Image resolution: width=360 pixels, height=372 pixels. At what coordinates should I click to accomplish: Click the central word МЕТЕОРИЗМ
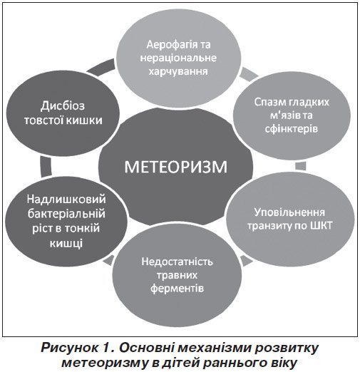[x=175, y=167]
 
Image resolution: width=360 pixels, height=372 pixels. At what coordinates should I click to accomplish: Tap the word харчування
[x=178, y=71]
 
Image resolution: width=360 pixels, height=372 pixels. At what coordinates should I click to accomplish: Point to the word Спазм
[x=269, y=103]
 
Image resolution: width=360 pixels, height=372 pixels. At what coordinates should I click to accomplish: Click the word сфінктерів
[x=291, y=129]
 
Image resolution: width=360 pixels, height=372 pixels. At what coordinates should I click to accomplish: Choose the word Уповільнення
[x=289, y=212]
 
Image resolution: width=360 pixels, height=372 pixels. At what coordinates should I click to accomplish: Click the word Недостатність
[x=177, y=262]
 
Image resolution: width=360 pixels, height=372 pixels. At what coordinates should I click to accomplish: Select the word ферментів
[x=177, y=289]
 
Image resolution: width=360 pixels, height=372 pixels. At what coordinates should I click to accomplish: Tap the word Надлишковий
[x=66, y=199]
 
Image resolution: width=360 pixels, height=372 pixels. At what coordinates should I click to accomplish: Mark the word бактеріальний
[x=66, y=214]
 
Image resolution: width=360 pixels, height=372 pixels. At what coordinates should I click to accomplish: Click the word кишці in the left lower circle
[x=66, y=243]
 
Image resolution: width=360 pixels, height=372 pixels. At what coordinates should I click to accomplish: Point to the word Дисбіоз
[x=63, y=106]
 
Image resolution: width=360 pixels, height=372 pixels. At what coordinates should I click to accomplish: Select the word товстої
[x=43, y=120]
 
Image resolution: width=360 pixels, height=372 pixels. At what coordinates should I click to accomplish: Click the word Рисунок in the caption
[x=69, y=348]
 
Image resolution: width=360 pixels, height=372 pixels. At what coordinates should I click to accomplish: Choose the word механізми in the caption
[x=207, y=348]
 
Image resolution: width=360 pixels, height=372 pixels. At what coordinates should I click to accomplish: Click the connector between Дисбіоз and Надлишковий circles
[x=46, y=166]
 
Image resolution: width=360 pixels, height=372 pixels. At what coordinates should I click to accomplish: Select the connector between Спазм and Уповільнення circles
[x=301, y=166]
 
